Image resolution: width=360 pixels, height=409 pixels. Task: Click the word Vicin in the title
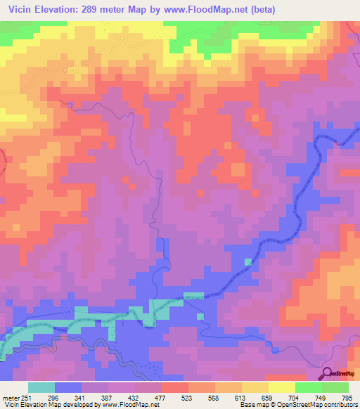[x=21, y=10]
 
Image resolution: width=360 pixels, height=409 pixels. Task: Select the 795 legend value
[x=346, y=396]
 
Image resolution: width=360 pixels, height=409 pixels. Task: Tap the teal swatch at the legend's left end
[x=41, y=387]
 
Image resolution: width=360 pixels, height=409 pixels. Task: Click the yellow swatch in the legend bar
[x=281, y=387]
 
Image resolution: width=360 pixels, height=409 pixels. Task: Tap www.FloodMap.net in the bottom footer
[x=129, y=405]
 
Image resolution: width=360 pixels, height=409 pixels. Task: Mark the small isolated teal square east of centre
[x=247, y=261]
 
